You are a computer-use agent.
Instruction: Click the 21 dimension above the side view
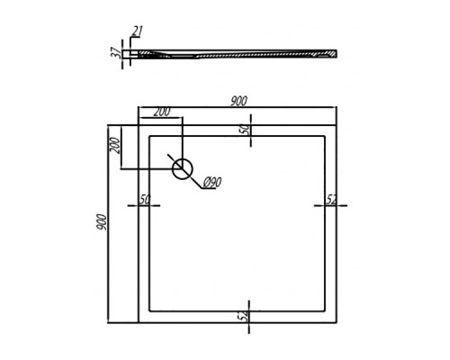click(138, 33)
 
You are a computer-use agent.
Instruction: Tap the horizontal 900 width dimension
click(238, 102)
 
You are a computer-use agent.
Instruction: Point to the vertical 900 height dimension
click(104, 222)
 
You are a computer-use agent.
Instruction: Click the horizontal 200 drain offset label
click(162, 112)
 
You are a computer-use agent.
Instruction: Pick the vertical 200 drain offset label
click(115, 144)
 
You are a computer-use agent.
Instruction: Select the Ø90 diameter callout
click(212, 182)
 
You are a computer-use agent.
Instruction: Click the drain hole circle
click(183, 168)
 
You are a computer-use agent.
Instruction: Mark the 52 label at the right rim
click(331, 199)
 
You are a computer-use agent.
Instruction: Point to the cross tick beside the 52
click(319, 205)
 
